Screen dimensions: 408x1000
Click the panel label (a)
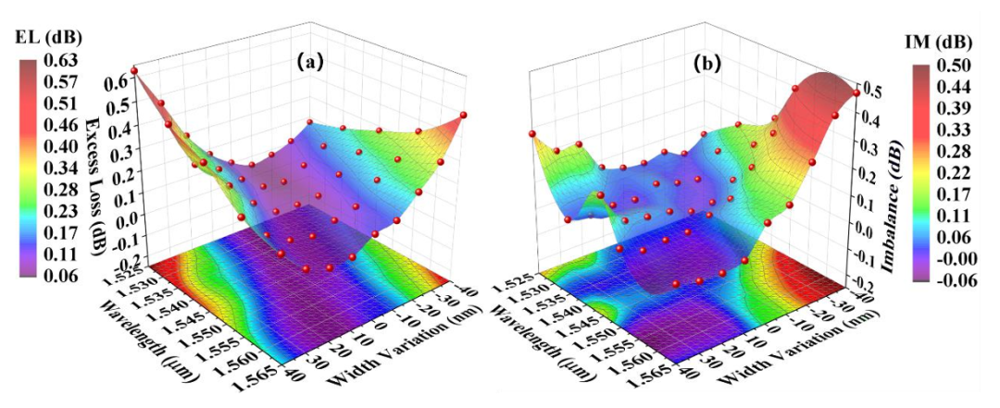tap(309, 62)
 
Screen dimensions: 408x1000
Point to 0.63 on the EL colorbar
tap(61, 61)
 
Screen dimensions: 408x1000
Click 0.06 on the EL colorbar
tap(61, 274)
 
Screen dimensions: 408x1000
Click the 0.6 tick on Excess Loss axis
tap(117, 80)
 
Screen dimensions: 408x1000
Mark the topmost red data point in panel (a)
tap(134, 70)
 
